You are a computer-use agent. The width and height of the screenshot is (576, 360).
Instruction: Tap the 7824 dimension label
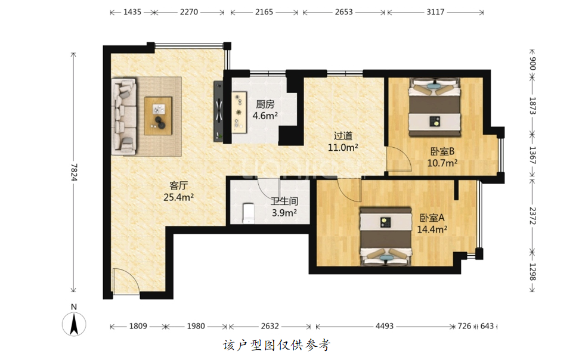[x=74, y=172]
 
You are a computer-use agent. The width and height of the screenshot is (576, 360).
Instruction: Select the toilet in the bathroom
[x=249, y=212]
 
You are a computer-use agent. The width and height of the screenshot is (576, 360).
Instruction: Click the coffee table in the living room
[x=159, y=116]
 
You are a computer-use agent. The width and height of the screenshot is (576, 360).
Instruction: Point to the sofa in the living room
[x=124, y=116]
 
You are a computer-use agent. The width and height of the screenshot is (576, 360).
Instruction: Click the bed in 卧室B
[x=435, y=107]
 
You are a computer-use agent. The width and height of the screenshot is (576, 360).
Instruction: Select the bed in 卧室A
[x=386, y=236]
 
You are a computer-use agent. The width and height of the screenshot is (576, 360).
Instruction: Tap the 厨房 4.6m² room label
[x=265, y=110]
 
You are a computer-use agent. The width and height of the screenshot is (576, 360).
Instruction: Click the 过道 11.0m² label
[x=343, y=142]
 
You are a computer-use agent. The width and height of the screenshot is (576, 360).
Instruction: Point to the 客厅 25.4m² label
[x=178, y=191]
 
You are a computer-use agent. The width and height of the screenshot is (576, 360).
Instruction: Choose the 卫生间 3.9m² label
[x=284, y=207]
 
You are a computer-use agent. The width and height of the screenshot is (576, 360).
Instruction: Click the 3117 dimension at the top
[x=435, y=12]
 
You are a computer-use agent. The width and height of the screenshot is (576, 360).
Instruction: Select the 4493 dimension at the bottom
[x=385, y=326]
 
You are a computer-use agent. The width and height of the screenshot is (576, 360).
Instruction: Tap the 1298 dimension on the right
[x=532, y=272]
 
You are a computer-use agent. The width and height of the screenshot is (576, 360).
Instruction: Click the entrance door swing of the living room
[x=125, y=281]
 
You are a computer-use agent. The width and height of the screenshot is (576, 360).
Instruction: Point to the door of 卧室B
[x=398, y=159]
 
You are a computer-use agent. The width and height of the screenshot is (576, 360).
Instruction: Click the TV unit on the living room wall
[x=219, y=111]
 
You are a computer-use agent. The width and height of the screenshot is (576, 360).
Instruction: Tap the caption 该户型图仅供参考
[x=277, y=345]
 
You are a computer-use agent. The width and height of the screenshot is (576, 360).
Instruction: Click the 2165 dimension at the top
[x=264, y=12]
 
